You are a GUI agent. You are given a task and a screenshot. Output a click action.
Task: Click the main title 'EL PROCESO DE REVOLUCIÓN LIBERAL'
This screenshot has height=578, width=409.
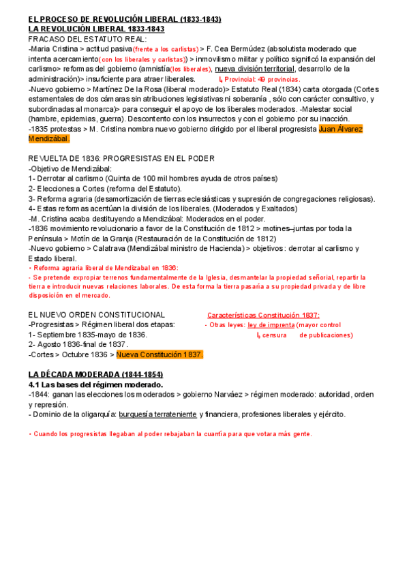pyautogui.click(x=124, y=19)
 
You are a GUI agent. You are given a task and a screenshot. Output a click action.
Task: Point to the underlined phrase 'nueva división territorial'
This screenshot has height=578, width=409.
pyautogui.click(x=255, y=69)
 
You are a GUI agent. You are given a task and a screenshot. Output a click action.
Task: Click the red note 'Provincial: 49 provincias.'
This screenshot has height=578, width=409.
pyautogui.click(x=262, y=80)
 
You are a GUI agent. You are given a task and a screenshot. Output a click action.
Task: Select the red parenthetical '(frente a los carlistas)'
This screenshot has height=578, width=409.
pyautogui.click(x=165, y=50)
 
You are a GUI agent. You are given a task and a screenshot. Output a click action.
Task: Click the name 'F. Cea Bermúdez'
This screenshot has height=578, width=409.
pyautogui.click(x=236, y=49)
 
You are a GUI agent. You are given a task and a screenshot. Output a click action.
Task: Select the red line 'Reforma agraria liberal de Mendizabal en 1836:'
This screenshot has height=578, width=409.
pyautogui.click(x=103, y=268)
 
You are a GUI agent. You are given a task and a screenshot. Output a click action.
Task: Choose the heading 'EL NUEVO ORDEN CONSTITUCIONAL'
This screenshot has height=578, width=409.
pyautogui.click(x=96, y=314)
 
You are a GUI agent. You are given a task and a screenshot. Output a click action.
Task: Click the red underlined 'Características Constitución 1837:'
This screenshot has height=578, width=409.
pyautogui.click(x=263, y=315)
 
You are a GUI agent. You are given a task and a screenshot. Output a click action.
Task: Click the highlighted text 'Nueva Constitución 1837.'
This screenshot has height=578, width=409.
pyautogui.click(x=160, y=354)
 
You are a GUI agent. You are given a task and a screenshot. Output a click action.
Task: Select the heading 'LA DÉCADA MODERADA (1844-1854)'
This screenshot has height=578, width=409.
pyautogui.click(x=95, y=375)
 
